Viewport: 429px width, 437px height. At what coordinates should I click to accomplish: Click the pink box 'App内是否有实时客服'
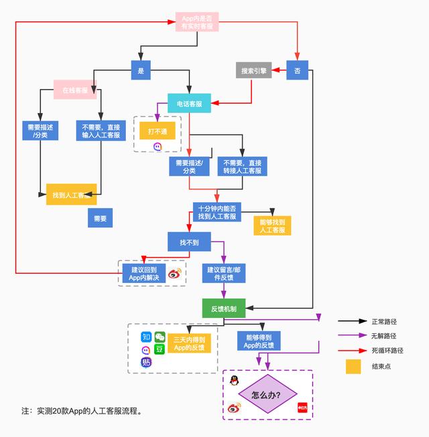coord(197,22)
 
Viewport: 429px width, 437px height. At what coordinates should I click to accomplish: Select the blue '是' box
coord(141,70)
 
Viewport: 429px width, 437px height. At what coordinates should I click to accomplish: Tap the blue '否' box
coord(298,70)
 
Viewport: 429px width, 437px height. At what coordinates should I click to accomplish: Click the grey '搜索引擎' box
coord(253,70)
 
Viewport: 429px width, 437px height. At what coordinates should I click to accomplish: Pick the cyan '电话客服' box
coord(189,104)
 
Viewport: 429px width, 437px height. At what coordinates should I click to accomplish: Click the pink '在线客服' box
coord(75,90)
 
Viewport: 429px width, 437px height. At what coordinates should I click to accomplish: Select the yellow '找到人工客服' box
coord(72,195)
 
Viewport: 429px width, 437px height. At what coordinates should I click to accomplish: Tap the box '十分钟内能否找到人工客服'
coord(217,212)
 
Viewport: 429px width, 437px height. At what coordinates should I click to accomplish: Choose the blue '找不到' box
coord(189,241)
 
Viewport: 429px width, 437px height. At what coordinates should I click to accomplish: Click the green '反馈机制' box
coord(223,309)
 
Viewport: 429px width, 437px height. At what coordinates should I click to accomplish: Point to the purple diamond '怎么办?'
coord(267,395)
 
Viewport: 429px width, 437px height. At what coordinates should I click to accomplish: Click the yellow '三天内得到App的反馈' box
coord(189,343)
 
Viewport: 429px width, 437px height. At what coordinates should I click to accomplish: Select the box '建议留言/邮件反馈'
coord(223,273)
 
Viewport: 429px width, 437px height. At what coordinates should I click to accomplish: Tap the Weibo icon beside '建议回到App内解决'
coord(174,273)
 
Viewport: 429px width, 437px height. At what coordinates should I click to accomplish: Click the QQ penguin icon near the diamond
coord(234,381)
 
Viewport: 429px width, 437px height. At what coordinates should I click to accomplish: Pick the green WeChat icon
coord(160,337)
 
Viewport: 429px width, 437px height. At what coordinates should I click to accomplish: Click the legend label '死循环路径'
coord(387,350)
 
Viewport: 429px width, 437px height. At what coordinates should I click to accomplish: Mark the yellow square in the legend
coord(353,367)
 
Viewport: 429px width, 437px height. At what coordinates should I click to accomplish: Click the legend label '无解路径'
coord(384,336)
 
